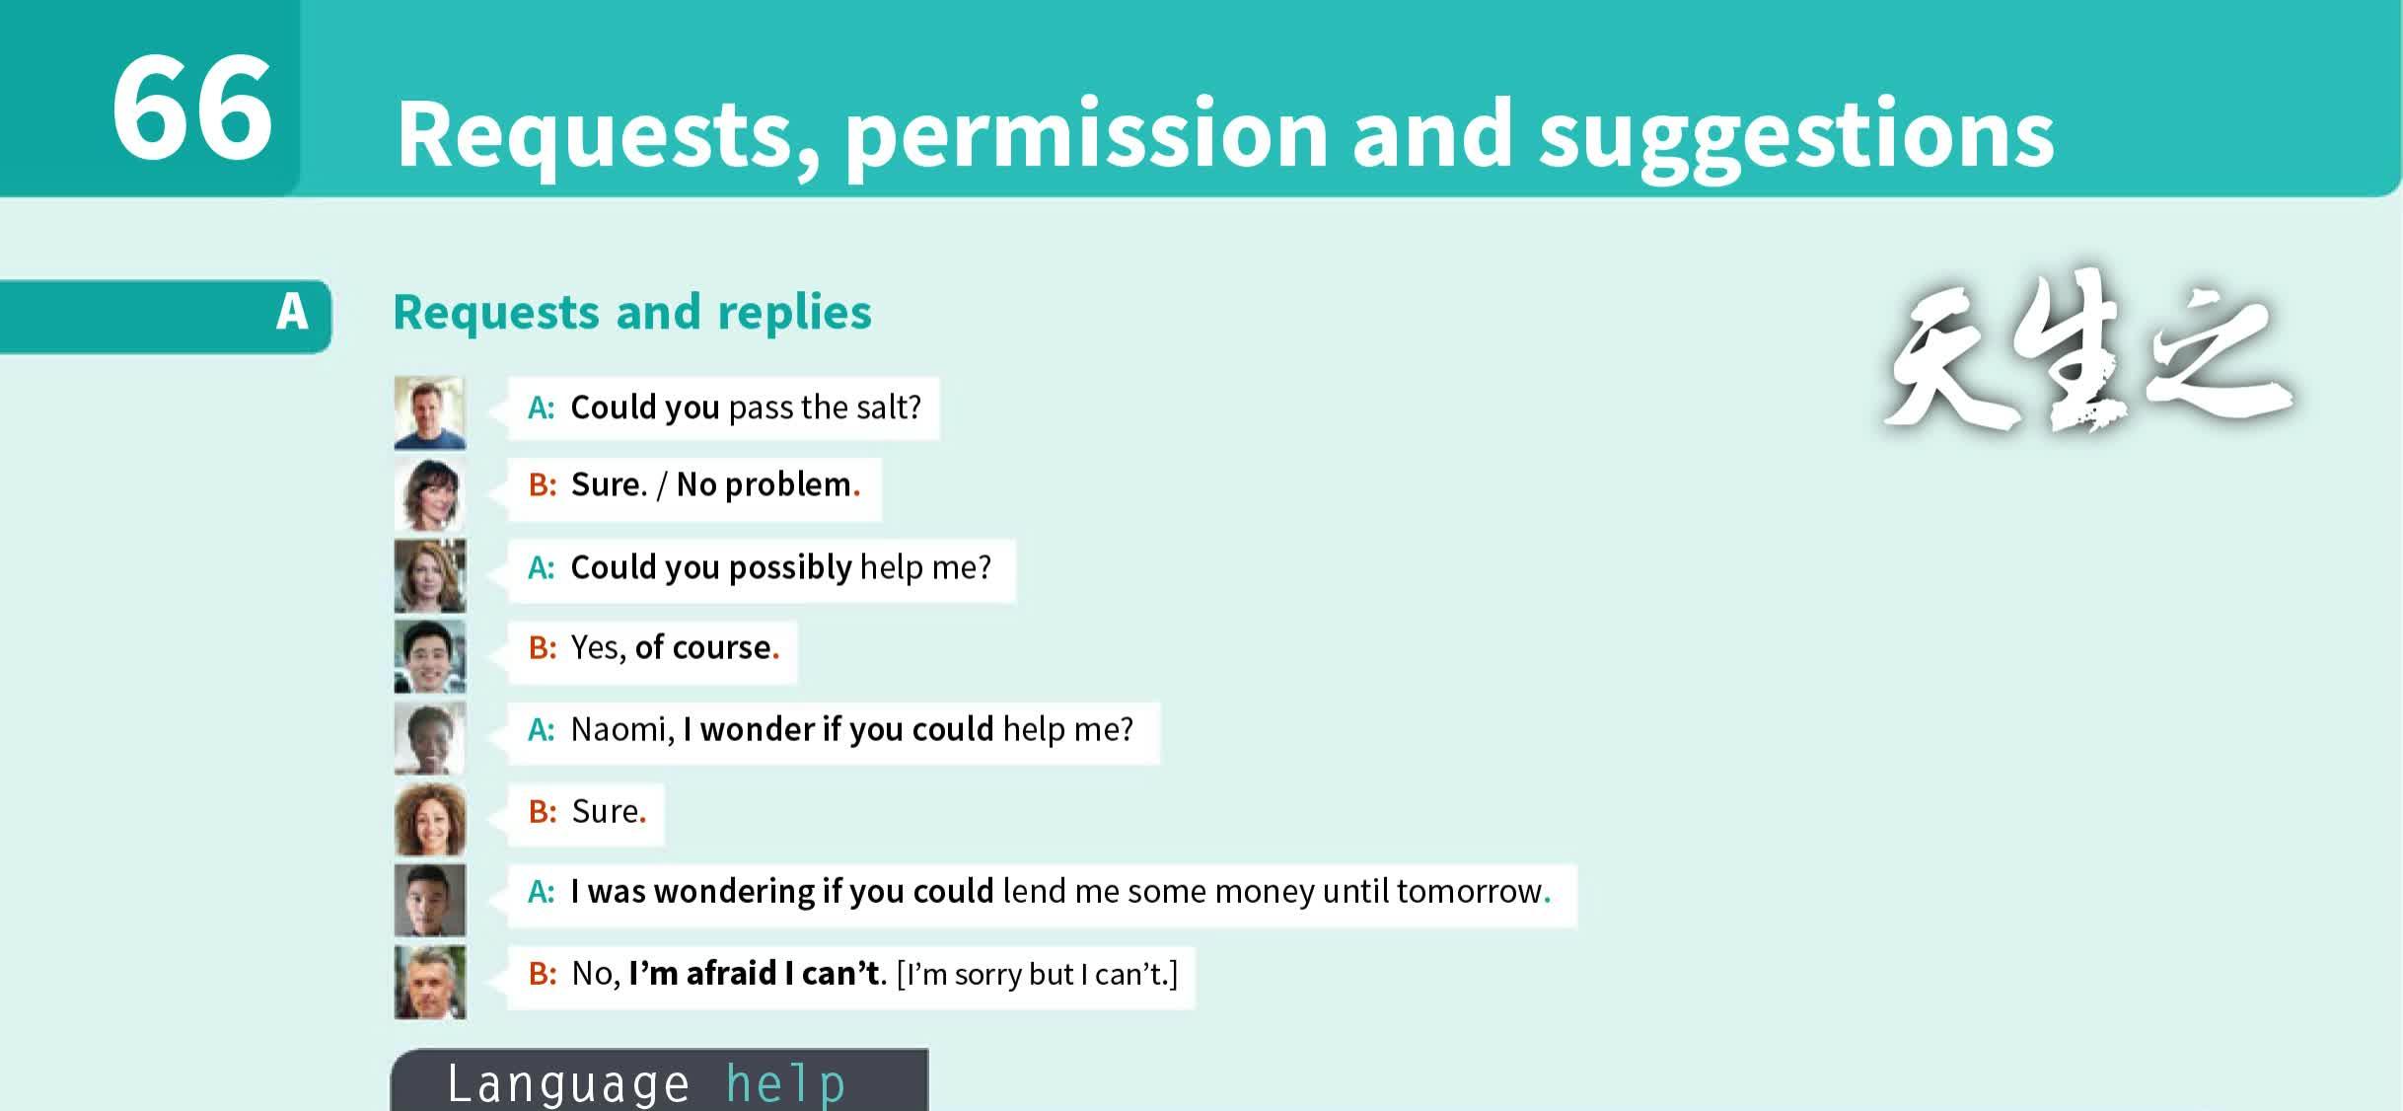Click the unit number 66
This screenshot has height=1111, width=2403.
[192, 108]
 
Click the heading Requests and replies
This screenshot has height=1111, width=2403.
[632, 314]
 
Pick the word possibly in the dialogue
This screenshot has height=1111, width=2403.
[790, 568]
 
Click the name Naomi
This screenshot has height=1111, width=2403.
[621, 730]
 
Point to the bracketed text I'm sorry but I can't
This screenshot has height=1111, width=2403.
[1038, 975]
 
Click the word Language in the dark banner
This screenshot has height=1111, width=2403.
[569, 1083]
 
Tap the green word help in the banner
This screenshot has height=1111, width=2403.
[786, 1085]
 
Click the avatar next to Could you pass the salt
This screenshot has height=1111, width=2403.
[430, 412]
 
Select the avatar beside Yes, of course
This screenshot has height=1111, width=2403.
[430, 656]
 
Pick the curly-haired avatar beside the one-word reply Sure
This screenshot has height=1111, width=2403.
[430, 819]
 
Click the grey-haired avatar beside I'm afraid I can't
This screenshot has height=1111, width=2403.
[430, 982]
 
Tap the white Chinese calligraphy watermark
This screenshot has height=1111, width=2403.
[2086, 355]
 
